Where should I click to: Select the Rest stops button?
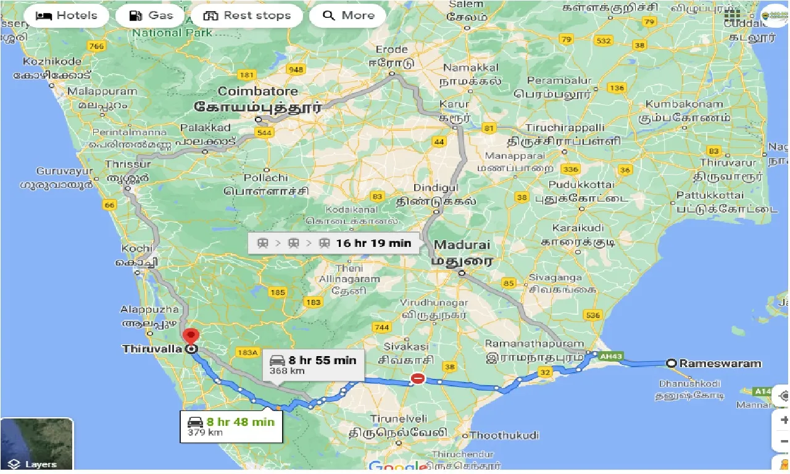[x=247, y=16]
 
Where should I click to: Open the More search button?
[x=347, y=16]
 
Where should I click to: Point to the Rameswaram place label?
[x=720, y=364]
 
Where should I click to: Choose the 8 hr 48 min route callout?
[x=231, y=426]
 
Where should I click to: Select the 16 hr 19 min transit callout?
[x=334, y=243]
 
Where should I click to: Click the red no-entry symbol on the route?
[x=418, y=378]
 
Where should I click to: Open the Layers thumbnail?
[x=37, y=444]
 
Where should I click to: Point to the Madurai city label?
[x=462, y=245]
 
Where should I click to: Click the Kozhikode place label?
[x=52, y=62]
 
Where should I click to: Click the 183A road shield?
[x=246, y=352]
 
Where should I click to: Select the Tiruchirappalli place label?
[x=565, y=127]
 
